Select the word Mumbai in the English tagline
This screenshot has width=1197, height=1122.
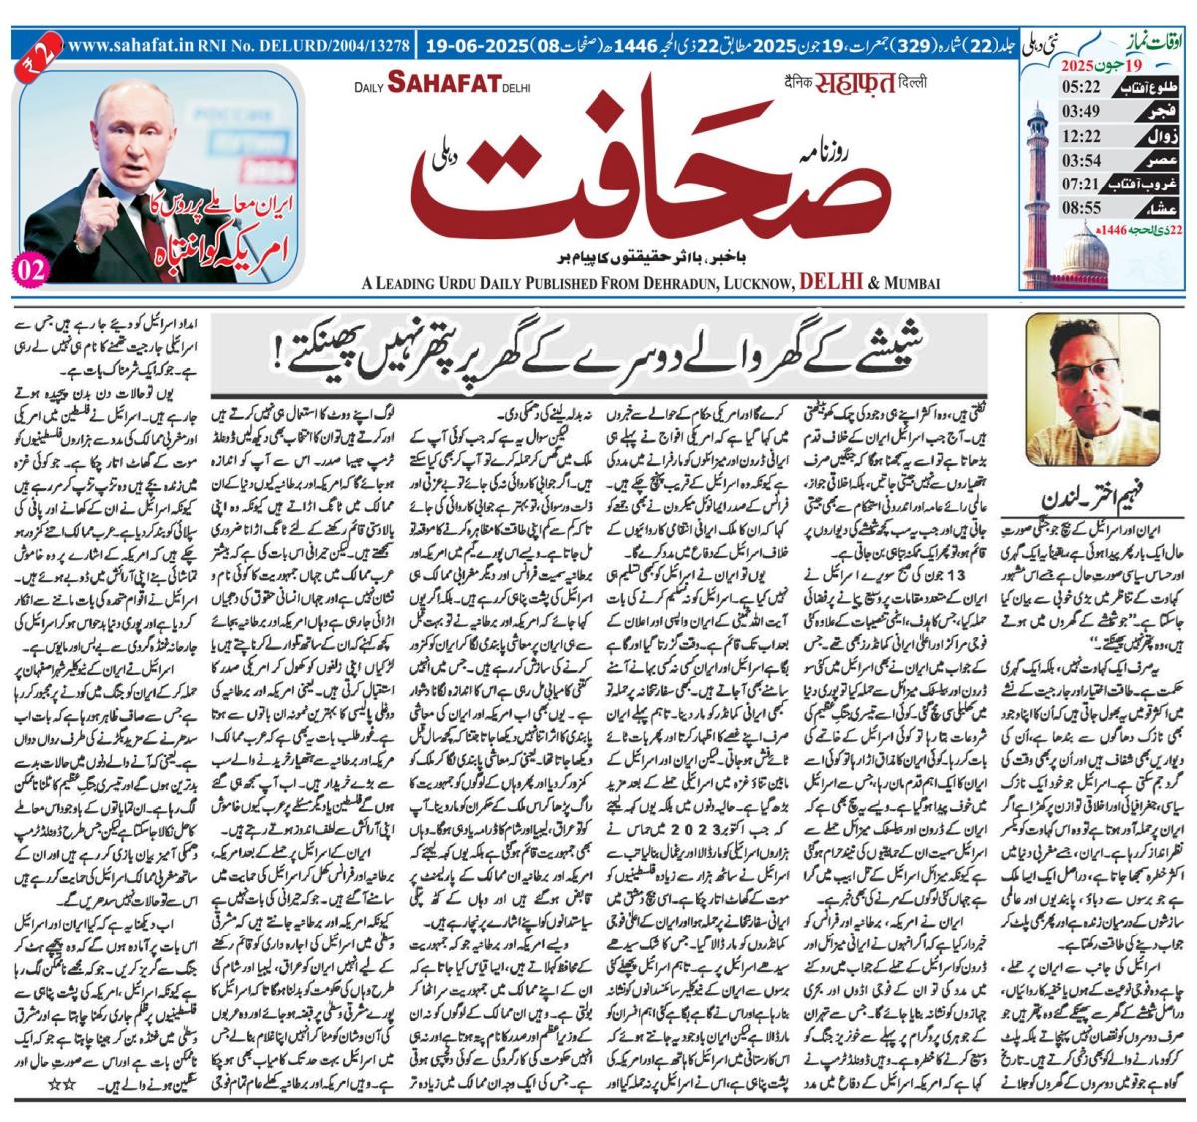(909, 284)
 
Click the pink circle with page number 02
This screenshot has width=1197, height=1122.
(31, 270)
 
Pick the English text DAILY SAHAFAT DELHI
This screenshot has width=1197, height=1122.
(444, 87)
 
